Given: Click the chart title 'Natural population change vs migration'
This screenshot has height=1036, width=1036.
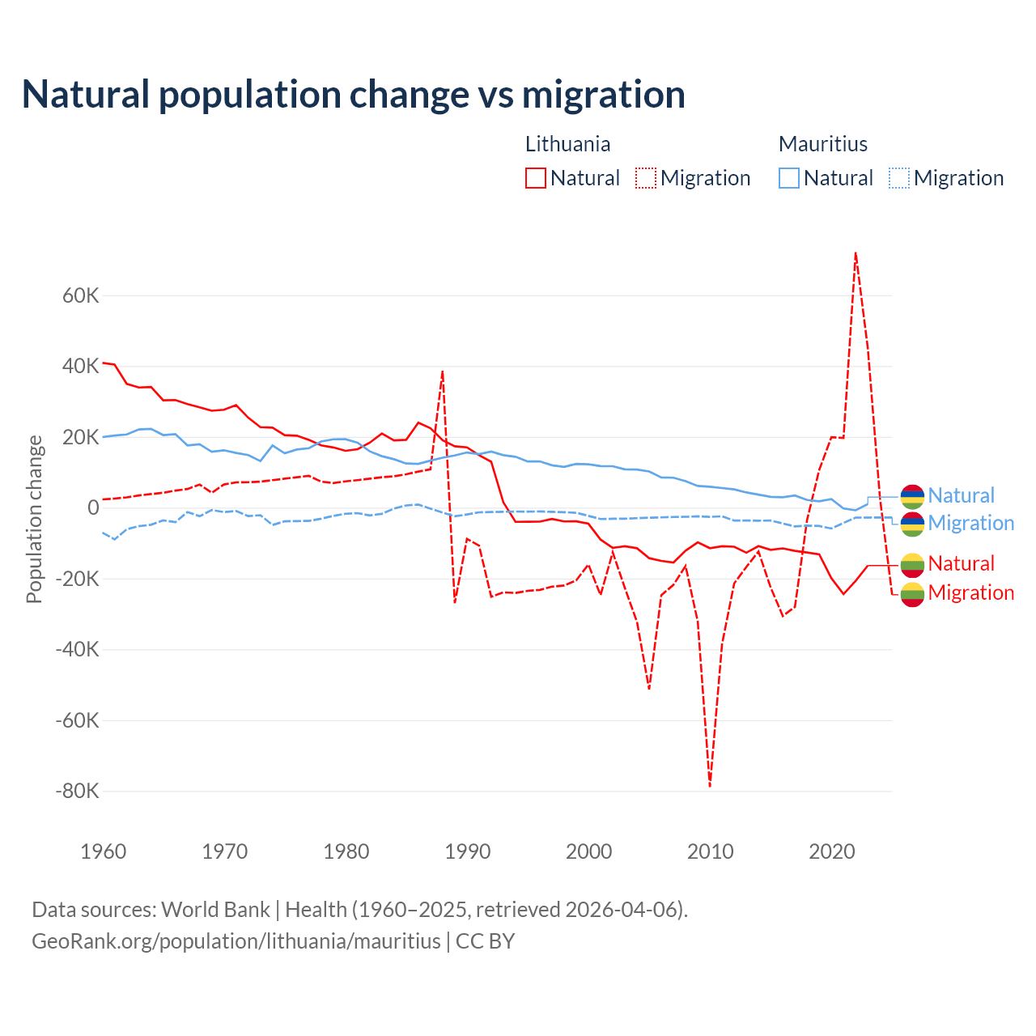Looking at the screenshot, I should (x=354, y=95).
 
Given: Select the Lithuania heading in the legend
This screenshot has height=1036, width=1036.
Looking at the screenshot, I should (x=567, y=144).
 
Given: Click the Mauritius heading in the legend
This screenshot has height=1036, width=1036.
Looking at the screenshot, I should (x=822, y=144).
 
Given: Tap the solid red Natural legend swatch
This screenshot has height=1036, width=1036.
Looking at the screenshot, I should (x=536, y=178).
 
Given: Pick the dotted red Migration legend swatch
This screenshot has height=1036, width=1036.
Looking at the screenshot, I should (x=646, y=178).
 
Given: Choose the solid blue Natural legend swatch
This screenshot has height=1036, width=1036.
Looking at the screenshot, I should (x=789, y=178).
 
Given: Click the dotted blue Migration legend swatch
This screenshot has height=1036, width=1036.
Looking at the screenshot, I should (x=899, y=178).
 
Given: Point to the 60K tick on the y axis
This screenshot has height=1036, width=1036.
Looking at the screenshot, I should (x=81, y=295).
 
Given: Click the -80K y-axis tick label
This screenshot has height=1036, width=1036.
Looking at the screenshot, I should (x=78, y=791).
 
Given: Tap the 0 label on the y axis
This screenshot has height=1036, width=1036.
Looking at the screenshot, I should (x=93, y=507).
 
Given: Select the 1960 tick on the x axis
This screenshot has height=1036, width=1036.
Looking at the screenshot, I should (x=104, y=851).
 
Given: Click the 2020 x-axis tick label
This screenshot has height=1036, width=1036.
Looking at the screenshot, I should (x=832, y=851).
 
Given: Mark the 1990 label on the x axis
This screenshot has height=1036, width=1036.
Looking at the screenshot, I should (x=468, y=851).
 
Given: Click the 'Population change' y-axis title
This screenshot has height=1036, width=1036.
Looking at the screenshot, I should (x=34, y=519).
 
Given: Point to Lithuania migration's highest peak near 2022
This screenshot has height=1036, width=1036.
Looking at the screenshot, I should (x=856, y=253).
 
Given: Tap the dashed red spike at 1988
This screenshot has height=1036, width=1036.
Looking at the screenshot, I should (x=443, y=372).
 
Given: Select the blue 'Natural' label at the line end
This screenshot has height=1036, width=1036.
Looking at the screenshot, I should (x=961, y=495).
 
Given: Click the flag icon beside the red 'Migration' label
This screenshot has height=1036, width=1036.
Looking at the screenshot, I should (x=912, y=593).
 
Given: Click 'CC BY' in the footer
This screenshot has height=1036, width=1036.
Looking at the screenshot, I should (x=485, y=941).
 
